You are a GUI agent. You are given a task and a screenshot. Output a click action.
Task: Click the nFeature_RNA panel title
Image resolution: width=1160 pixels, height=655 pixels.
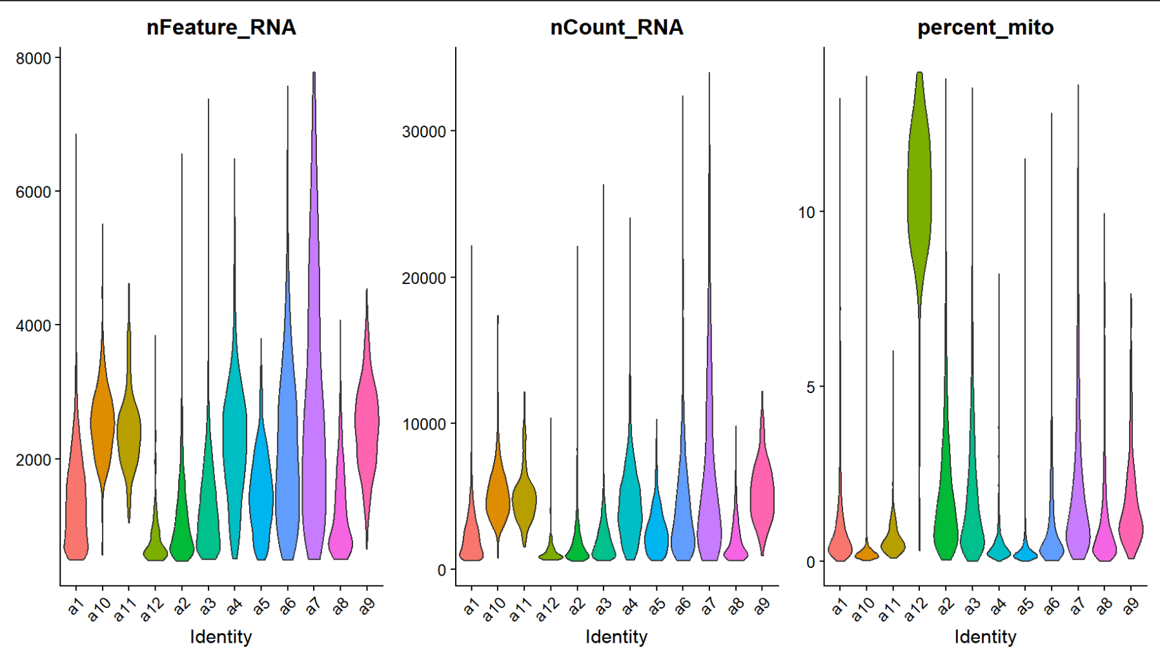[x=221, y=27]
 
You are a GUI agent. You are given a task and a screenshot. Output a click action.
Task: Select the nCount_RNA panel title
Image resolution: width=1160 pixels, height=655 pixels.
[x=616, y=27]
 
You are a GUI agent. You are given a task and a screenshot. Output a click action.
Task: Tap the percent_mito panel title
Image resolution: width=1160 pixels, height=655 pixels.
[x=985, y=27]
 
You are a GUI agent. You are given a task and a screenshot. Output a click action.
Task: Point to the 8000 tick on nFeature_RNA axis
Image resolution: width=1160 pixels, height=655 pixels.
[x=34, y=58]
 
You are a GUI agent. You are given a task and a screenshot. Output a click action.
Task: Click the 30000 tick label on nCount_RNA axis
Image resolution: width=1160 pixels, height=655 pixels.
[x=424, y=132]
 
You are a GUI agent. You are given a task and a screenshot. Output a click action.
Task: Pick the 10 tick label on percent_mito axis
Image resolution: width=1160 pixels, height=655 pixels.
[x=807, y=212]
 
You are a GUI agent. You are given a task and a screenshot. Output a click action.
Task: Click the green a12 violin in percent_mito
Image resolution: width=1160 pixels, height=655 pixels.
[x=919, y=194]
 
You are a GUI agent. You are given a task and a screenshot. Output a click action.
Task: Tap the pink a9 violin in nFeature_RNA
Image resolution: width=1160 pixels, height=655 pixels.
[x=367, y=419]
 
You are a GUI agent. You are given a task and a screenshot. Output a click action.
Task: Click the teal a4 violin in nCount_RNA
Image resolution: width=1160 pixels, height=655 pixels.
[x=630, y=503]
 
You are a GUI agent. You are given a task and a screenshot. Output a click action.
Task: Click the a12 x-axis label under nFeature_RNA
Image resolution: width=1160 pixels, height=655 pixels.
[x=153, y=609]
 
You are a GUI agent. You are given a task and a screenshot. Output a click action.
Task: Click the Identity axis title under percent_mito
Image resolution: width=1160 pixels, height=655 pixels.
[x=985, y=637]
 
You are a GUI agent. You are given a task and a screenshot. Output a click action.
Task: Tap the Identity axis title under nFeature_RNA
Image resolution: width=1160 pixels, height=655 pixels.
[x=221, y=637]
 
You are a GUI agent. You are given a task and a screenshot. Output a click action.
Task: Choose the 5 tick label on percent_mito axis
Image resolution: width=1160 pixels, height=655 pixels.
[x=811, y=387]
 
